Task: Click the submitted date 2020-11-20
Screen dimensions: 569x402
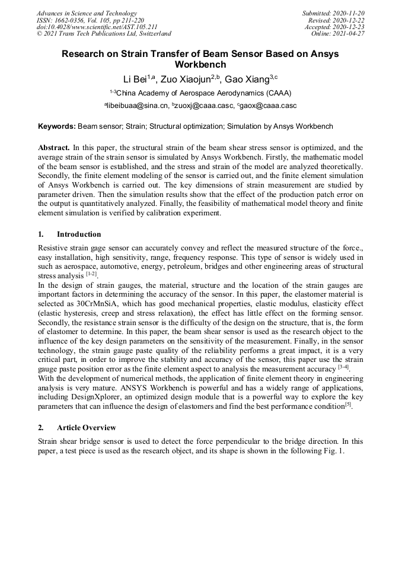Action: coord(349,13)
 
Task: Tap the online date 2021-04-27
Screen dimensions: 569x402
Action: coord(350,34)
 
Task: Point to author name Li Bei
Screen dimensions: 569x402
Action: coord(135,80)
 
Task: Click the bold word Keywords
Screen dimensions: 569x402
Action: coord(56,126)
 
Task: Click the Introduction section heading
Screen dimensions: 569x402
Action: coord(79,234)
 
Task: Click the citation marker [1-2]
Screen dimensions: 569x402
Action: coord(91,274)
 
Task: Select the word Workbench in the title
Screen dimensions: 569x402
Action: coord(200,64)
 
